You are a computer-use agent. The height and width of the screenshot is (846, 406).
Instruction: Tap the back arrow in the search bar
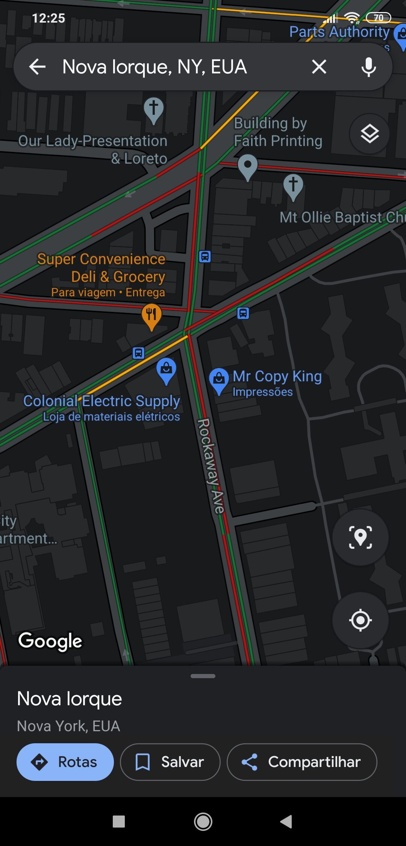tap(38, 67)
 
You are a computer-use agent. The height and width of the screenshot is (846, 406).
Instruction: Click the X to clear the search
tap(319, 67)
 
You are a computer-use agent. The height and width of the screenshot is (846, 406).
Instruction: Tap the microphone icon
tap(368, 67)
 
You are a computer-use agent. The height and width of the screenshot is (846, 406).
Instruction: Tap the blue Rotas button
tap(65, 762)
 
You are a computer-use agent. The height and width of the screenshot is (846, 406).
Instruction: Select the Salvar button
tap(170, 762)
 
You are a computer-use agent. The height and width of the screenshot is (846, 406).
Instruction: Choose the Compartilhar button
tap(301, 762)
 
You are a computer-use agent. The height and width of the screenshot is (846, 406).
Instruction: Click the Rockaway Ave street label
tap(211, 466)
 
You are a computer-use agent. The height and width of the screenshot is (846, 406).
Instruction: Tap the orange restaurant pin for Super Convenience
tap(151, 315)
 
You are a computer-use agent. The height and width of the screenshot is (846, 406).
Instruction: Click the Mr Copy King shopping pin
tap(219, 379)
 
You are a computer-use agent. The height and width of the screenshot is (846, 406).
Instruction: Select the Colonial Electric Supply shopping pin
tap(166, 370)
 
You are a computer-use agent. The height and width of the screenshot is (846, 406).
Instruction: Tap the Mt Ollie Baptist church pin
tap(293, 186)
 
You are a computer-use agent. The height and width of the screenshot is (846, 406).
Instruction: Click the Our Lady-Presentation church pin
tap(153, 109)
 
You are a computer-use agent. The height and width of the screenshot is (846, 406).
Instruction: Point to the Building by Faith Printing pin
tap(248, 166)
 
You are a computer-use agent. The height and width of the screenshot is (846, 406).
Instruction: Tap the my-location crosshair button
tap(360, 620)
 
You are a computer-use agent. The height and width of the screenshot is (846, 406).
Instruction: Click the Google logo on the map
tap(50, 641)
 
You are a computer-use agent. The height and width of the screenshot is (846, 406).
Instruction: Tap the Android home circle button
tap(203, 822)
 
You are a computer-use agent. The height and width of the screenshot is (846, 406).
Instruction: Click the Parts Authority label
tap(339, 32)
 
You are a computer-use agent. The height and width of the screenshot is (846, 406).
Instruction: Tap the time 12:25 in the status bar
tap(48, 18)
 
